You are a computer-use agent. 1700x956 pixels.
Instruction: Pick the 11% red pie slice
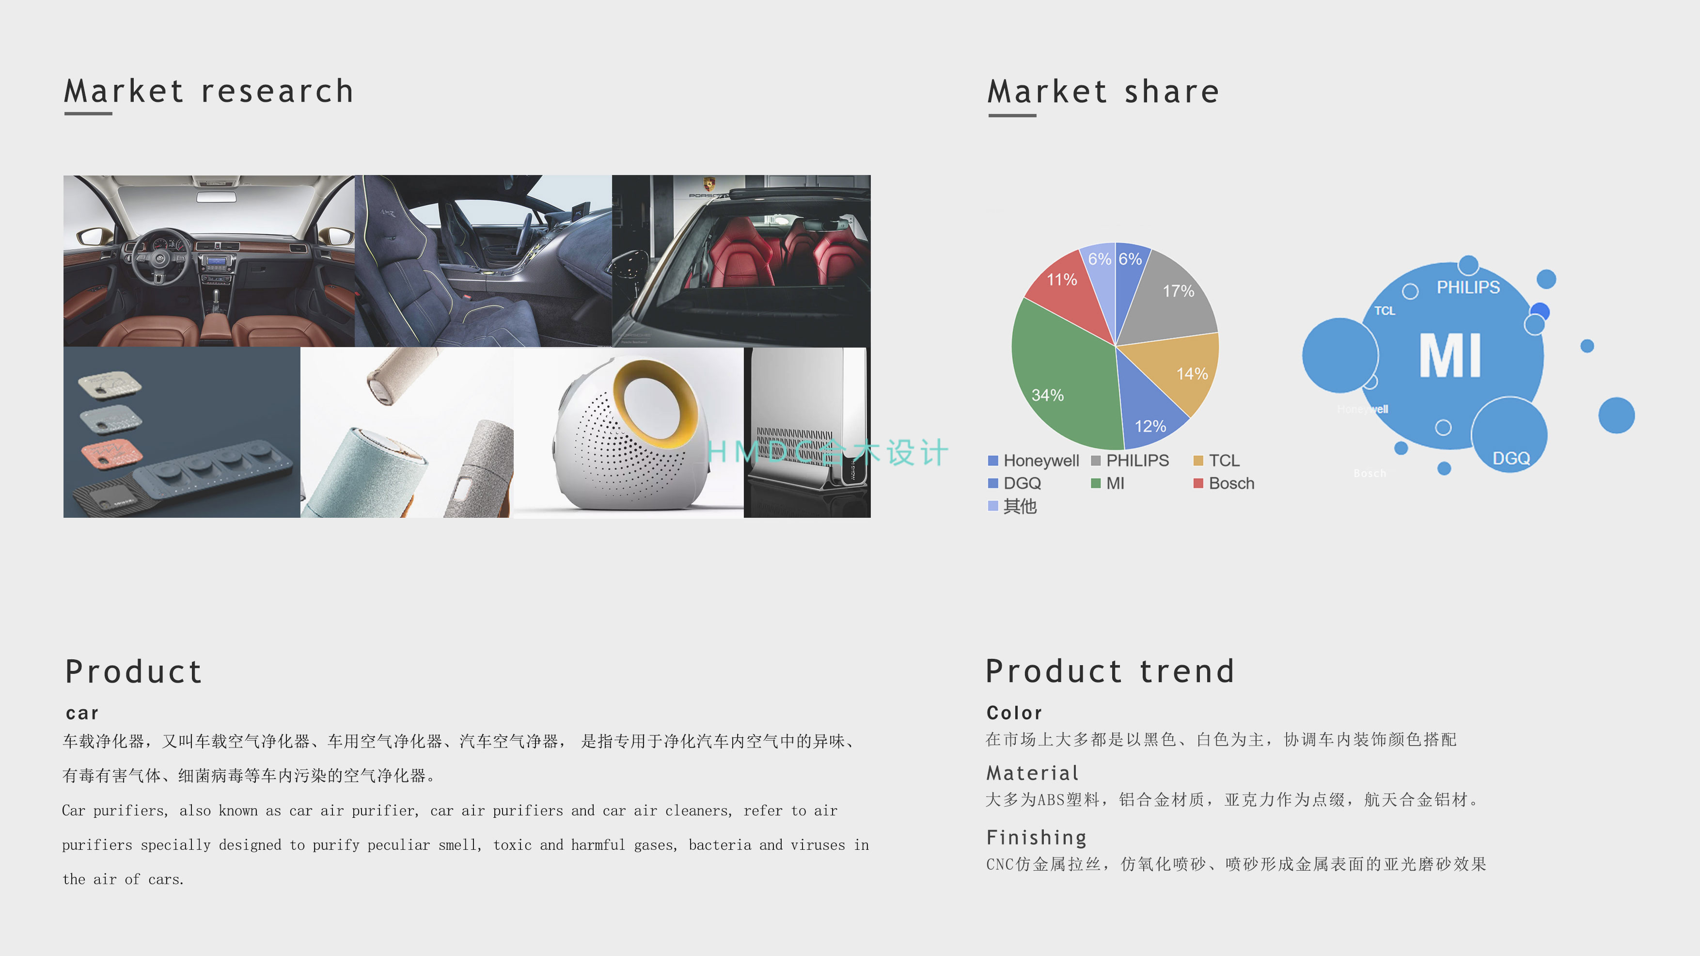[x=1069, y=287]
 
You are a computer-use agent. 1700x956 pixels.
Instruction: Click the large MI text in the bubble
[x=1450, y=356]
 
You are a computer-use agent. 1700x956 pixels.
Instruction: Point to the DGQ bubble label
[x=1511, y=458]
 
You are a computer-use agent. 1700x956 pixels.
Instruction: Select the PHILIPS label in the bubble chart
[x=1468, y=287]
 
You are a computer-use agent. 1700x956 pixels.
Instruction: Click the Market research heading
[x=208, y=91]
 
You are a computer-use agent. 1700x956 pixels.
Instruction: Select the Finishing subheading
[x=1036, y=838]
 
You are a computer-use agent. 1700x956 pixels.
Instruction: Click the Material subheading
[x=1033, y=773]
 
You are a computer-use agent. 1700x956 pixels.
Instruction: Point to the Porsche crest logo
[x=709, y=184]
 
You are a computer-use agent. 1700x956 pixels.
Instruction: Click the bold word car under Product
[x=82, y=714]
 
